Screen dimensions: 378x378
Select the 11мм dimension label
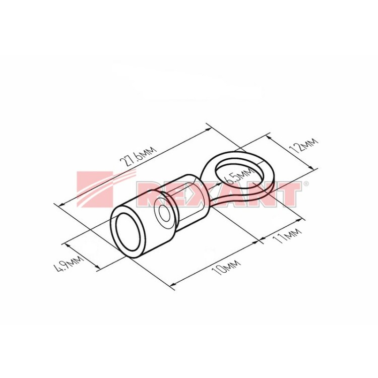[x=287, y=235]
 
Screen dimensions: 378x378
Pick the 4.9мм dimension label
[x=69, y=264]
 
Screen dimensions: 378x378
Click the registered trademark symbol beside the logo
[x=306, y=183]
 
